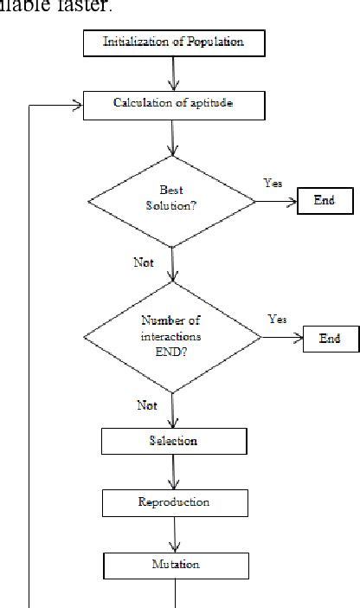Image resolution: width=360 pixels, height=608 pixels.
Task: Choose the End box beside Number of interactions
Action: (x=331, y=339)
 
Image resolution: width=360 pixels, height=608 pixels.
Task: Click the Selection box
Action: (x=173, y=441)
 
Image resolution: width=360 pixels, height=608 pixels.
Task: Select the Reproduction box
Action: (x=173, y=502)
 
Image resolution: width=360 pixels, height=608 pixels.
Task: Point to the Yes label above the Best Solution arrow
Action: (x=272, y=183)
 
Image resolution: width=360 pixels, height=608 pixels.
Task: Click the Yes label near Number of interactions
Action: (x=277, y=320)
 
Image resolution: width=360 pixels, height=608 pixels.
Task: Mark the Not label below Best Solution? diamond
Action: (x=144, y=262)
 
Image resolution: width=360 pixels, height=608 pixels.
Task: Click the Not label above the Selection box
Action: (x=147, y=404)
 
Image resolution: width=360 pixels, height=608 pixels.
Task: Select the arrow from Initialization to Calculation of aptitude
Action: (x=175, y=73)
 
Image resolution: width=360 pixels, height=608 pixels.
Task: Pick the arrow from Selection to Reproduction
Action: (x=175, y=472)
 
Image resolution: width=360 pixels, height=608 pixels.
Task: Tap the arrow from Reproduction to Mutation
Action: (x=175, y=534)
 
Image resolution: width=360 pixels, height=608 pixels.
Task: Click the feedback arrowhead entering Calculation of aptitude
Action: (x=77, y=105)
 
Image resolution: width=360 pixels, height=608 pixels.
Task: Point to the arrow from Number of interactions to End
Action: (x=280, y=339)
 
